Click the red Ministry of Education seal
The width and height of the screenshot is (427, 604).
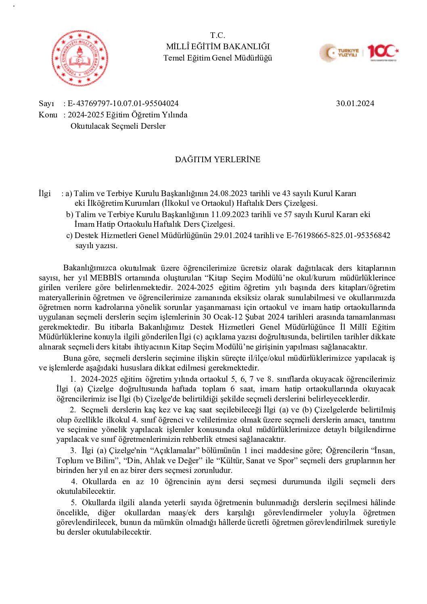[x=80, y=58]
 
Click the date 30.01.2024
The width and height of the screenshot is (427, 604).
[x=355, y=103]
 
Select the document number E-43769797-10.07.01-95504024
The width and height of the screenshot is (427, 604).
[x=123, y=103]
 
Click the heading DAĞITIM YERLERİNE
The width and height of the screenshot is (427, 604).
[x=218, y=159]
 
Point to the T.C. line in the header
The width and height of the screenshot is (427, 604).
[x=218, y=35]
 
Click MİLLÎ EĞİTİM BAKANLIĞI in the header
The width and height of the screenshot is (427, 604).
[x=218, y=46]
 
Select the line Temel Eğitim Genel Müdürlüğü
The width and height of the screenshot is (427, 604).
[x=218, y=58]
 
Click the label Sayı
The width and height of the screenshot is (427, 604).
[x=46, y=104]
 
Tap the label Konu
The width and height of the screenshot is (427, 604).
[x=48, y=115]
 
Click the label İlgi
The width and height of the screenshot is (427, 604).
[x=44, y=194]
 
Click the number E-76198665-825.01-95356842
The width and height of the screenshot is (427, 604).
[x=338, y=236]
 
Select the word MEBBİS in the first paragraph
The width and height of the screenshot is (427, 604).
[x=106, y=278]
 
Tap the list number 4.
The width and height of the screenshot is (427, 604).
[x=74, y=482]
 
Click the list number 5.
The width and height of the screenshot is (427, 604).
[x=73, y=503]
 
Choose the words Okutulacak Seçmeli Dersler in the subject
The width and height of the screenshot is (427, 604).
[x=118, y=126]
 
